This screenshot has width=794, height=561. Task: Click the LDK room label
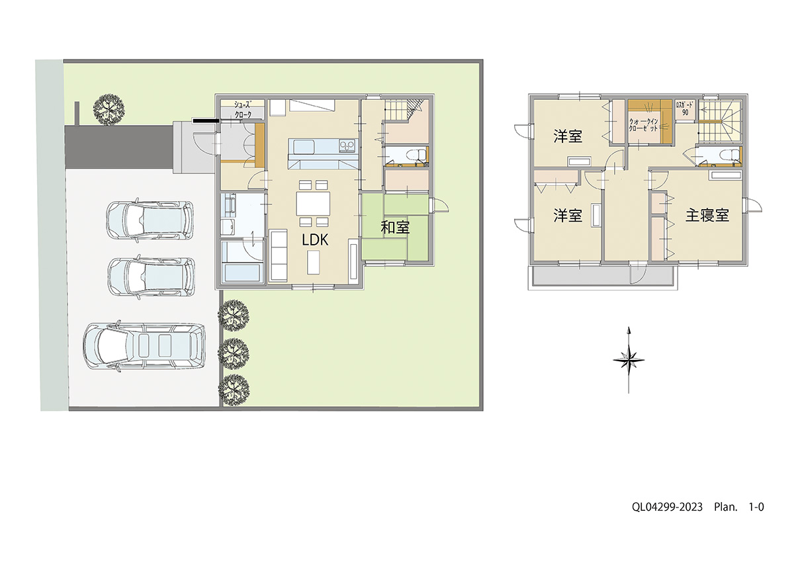tap(315, 240)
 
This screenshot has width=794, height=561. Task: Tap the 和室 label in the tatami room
tap(395, 228)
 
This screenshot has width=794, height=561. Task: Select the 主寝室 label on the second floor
tap(707, 215)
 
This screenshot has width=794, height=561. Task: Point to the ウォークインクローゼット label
tap(643, 125)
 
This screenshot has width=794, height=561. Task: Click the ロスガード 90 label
tap(685, 108)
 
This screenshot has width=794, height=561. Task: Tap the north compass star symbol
tap(629, 360)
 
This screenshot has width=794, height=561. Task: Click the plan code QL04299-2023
tap(667, 507)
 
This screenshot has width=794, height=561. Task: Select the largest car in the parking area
tap(144, 346)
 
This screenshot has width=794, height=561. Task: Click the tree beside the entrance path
tap(109, 109)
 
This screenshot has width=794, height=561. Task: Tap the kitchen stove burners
tap(347, 146)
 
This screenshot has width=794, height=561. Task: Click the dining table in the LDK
tap(313, 203)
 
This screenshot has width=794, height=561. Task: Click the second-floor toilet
tap(731, 155)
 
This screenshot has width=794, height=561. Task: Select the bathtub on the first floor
tap(243, 273)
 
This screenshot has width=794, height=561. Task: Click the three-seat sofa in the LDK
tap(279, 255)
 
